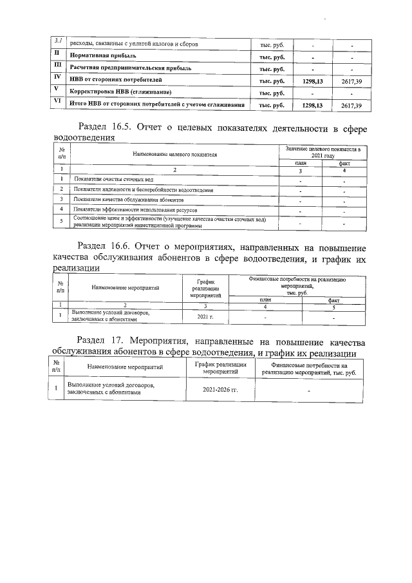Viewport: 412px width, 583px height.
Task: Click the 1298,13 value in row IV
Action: (312, 81)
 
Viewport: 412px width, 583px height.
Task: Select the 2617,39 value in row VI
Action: (351, 106)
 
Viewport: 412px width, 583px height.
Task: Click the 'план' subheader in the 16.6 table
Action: (265, 300)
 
